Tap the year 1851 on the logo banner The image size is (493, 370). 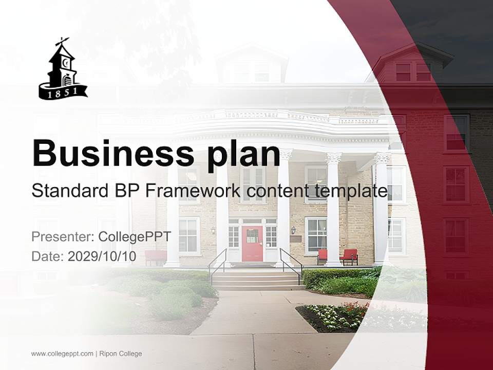(63, 93)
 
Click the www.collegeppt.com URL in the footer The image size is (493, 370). (62, 354)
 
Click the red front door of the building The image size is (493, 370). (252, 243)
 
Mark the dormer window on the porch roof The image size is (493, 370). (252, 67)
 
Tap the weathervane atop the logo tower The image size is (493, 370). (63, 41)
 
